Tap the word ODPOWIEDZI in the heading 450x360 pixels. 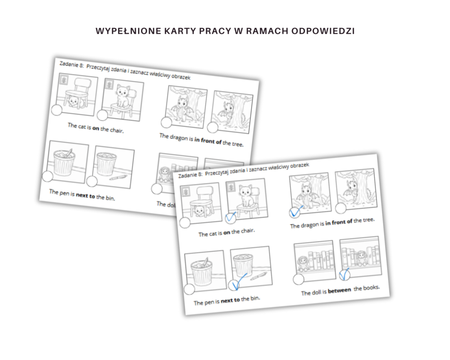[323, 31]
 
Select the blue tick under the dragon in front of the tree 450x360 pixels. [296, 211]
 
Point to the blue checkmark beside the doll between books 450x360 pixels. [344, 274]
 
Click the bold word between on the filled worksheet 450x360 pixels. [339, 290]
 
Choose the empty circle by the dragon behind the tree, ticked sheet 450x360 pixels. [340, 208]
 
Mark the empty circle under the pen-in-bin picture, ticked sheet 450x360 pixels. [189, 289]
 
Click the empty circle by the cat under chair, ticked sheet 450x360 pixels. [185, 222]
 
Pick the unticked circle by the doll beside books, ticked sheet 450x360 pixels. [298, 279]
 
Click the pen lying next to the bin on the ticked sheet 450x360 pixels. [258, 276]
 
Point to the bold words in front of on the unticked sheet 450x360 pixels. [208, 140]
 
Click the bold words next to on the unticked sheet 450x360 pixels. [85, 195]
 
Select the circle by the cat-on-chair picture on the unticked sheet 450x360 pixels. [102, 115]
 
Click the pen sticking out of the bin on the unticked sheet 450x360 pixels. [69, 152]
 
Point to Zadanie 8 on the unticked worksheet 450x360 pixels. [71, 64]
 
